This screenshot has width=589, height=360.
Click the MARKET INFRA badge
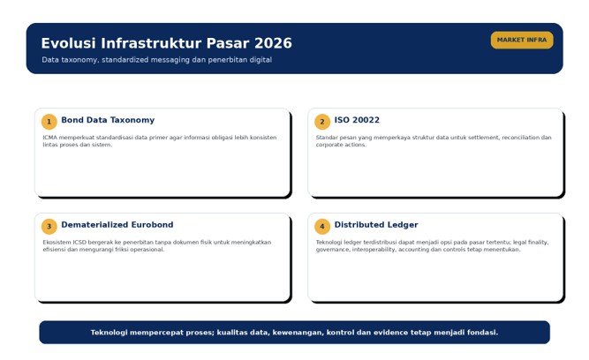tap(522, 40)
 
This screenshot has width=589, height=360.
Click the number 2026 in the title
tap(273, 43)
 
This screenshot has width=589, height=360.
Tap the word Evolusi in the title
tap(68, 43)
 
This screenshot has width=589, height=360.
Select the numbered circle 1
tap(49, 122)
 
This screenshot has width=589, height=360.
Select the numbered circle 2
tap(322, 122)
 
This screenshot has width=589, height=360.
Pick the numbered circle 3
tap(49, 227)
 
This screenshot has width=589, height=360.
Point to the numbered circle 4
tap(322, 227)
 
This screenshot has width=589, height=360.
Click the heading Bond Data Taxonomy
tap(108, 120)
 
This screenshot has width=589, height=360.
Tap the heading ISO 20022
tap(357, 120)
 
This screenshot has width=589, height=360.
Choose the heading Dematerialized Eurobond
tap(117, 224)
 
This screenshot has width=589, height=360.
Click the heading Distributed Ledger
tap(376, 225)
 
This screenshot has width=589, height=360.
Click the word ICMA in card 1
tap(50, 138)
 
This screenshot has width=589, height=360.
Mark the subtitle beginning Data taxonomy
tap(156, 60)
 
